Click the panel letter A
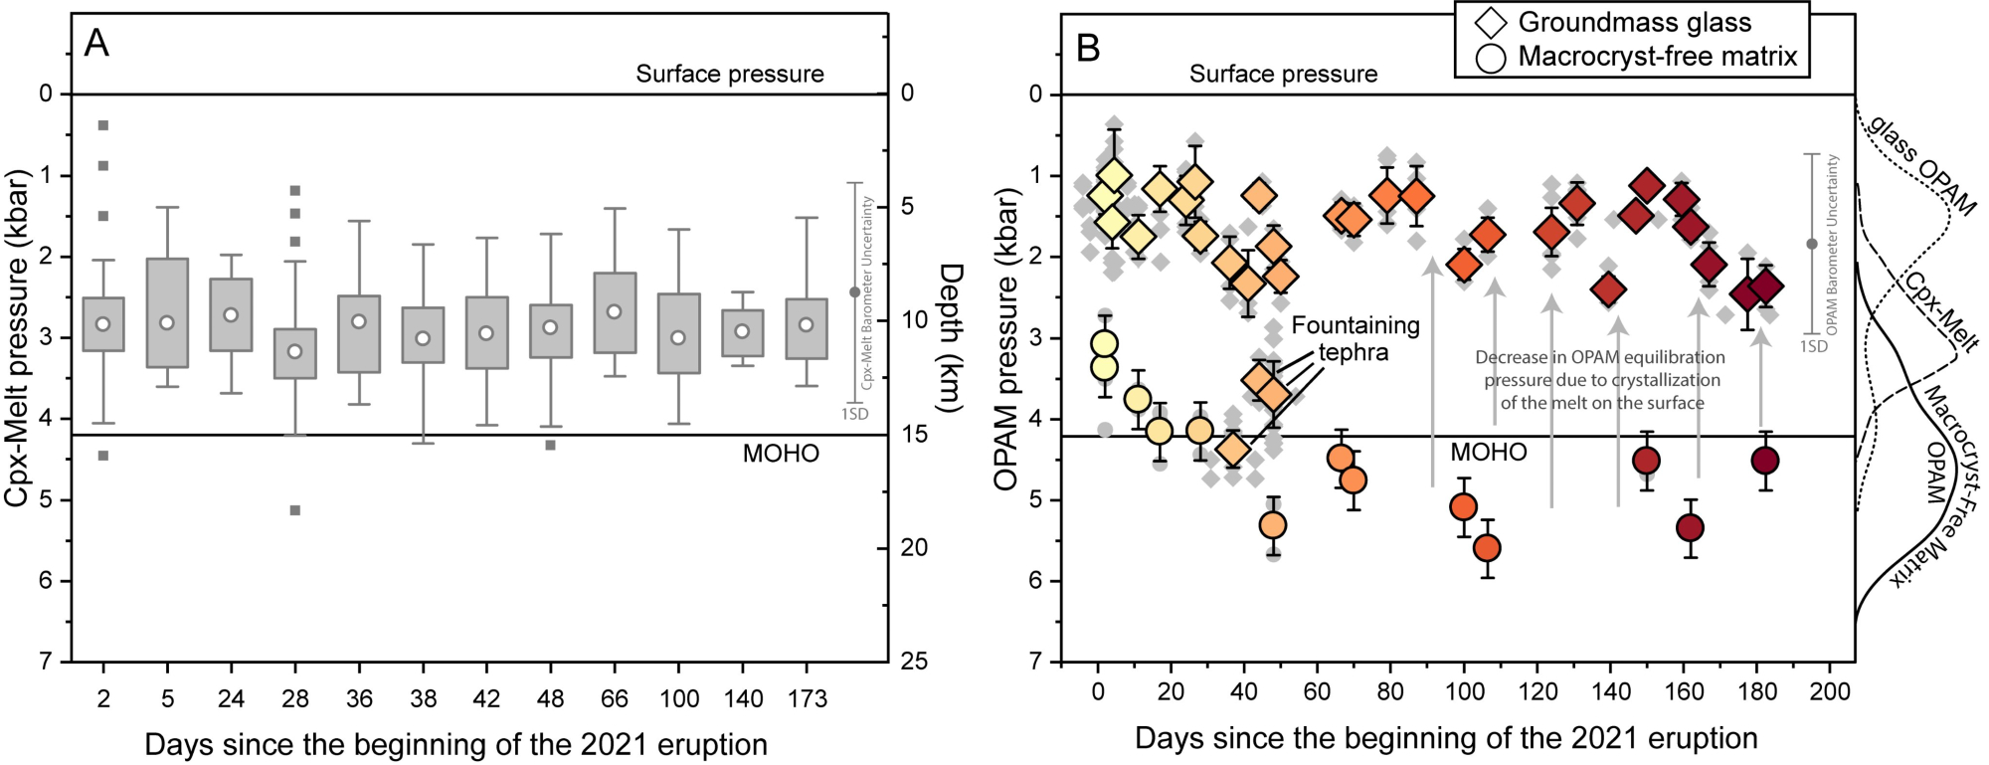click(96, 43)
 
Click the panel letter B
click(1088, 47)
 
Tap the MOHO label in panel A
click(781, 454)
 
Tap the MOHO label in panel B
click(1488, 453)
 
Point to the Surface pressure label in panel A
click(730, 74)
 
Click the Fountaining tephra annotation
click(1355, 338)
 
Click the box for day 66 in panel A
click(615, 312)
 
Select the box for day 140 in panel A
click(742, 332)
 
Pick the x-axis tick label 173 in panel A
click(807, 699)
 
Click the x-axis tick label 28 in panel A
click(294, 699)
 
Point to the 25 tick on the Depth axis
click(914, 662)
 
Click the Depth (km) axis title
click(951, 338)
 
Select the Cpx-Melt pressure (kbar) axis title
click(17, 338)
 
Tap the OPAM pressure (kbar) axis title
click(1006, 338)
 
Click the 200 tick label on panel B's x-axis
click(1830, 692)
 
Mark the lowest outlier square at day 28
click(294, 510)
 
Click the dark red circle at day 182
click(1765, 461)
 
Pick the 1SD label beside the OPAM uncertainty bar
click(1814, 346)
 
